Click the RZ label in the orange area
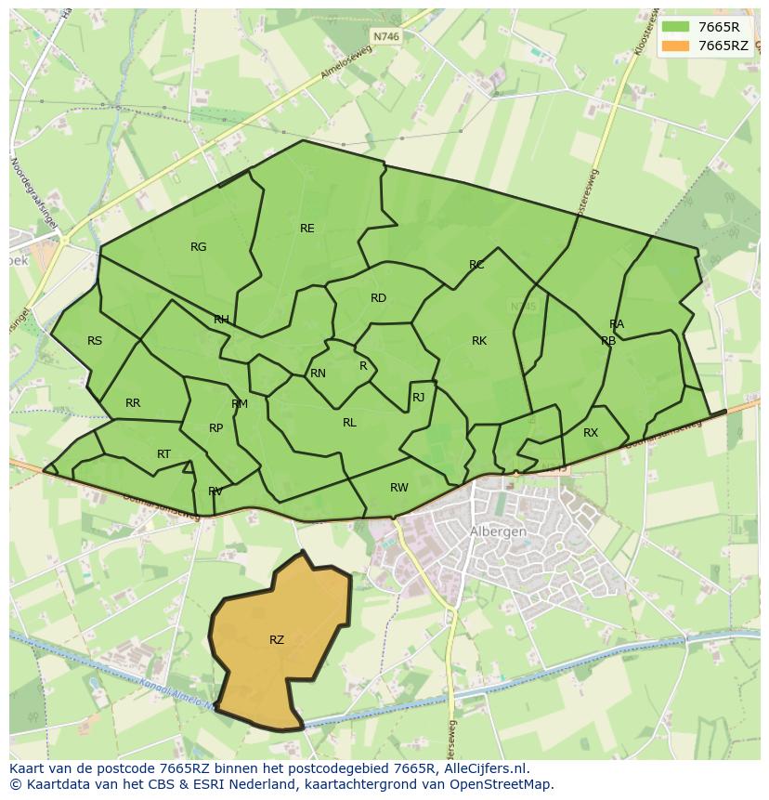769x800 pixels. pos(277,640)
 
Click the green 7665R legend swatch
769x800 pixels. pos(676,27)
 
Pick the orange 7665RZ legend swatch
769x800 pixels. pos(676,46)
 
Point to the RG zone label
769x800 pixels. pos(198,247)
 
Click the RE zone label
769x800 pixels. pos(306,229)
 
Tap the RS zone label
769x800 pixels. pos(95,341)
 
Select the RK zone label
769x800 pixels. pos(479,341)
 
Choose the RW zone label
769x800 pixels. pos(399,488)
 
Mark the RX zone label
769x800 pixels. pos(591,433)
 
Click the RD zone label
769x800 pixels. pos(378,298)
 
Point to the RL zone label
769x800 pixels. pos(349,423)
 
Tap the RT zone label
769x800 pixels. pos(163,454)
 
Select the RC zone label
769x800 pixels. pos(476,266)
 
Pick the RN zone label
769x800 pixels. pos(318,374)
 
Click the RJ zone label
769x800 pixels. pos(418,398)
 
